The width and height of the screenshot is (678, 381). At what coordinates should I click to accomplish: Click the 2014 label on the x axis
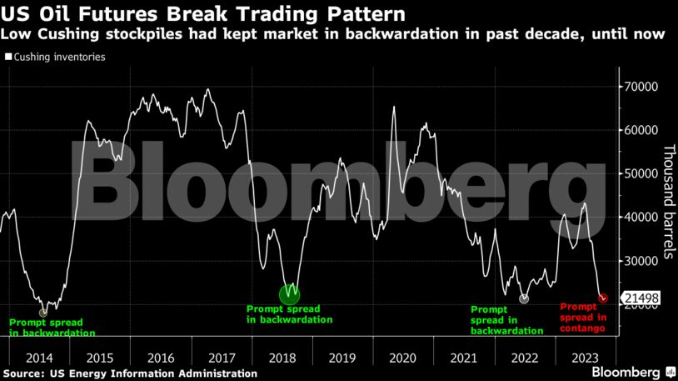pyautogui.click(x=39, y=357)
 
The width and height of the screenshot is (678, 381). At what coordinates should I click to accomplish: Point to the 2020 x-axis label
pyautogui.click(x=402, y=357)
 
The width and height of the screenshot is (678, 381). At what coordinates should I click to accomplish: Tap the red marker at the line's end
pyautogui.click(x=603, y=298)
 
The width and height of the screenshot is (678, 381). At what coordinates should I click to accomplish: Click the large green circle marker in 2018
pyautogui.click(x=289, y=293)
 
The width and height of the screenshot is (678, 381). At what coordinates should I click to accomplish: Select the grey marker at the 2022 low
pyautogui.click(x=524, y=298)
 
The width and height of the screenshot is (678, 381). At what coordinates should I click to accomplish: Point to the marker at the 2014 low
pyautogui.click(x=43, y=312)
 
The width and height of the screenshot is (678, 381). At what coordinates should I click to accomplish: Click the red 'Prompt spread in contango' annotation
pyautogui.click(x=583, y=318)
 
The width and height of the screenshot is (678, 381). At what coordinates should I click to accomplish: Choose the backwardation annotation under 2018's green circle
pyautogui.click(x=289, y=314)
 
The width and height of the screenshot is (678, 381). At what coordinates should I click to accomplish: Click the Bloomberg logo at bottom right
pyautogui.click(x=633, y=370)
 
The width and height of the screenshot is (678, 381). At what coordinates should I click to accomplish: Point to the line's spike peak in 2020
pyautogui.click(x=394, y=107)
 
